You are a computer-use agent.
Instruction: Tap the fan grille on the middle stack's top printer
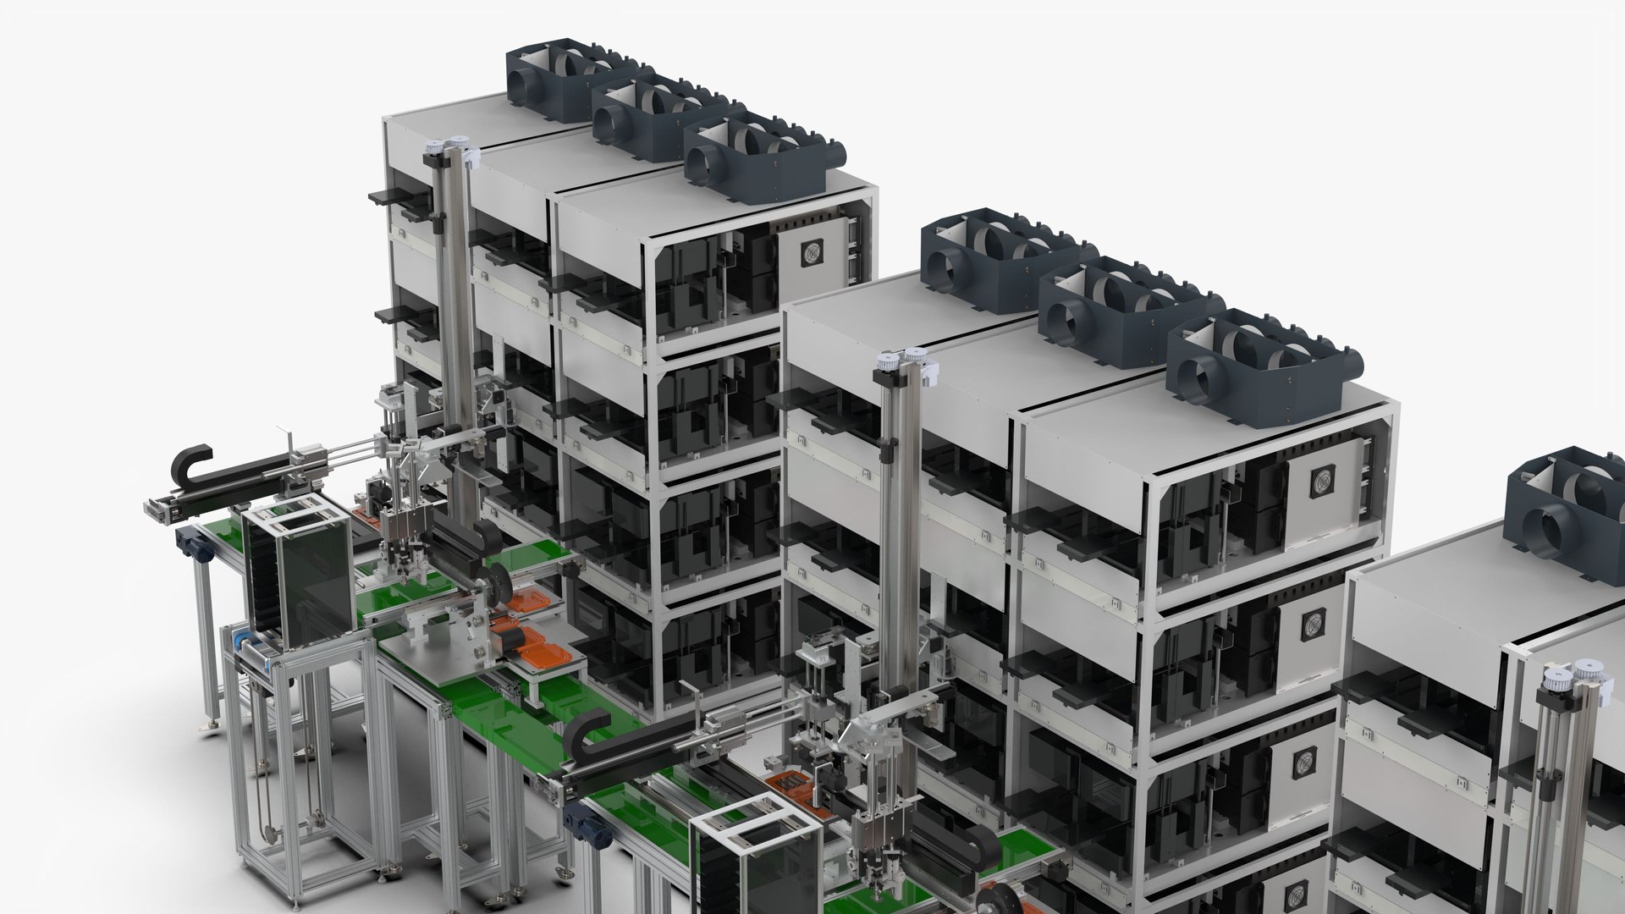tap(1321, 482)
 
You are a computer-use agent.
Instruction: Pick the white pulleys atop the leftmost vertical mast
tap(449, 148)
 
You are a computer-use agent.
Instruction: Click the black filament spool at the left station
tap(494, 586)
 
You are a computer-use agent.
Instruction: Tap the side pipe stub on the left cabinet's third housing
tap(837, 153)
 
